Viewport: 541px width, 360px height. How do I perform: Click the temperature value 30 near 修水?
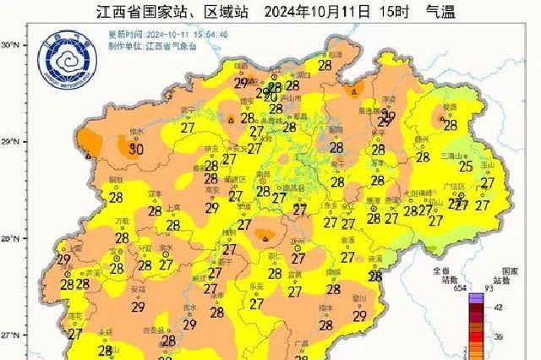click(134, 150)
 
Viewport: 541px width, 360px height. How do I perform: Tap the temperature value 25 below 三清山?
click(464, 166)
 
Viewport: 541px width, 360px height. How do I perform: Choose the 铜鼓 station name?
click(117, 180)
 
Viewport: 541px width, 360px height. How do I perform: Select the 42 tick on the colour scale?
click(499, 306)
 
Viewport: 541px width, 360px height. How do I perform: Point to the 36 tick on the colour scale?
click(499, 336)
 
